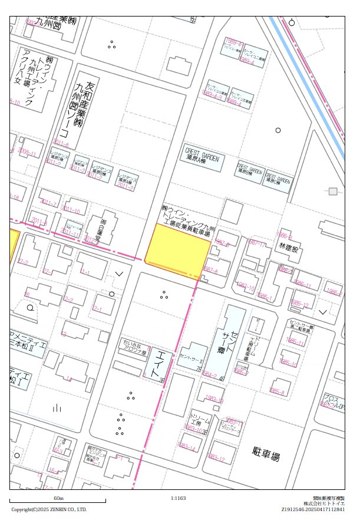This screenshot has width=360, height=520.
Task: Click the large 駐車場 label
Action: pos(266,456)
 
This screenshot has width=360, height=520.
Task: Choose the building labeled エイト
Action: pos(156,363)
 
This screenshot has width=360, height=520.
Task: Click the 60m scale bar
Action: pos(58,501)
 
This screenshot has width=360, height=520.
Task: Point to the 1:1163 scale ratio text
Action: pos(178,499)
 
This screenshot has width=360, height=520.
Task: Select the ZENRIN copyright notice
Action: pos(49,509)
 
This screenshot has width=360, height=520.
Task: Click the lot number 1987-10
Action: pos(245,288)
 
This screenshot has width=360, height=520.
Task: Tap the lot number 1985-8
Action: pos(277,391)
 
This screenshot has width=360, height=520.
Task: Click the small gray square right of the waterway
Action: pos(333,192)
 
